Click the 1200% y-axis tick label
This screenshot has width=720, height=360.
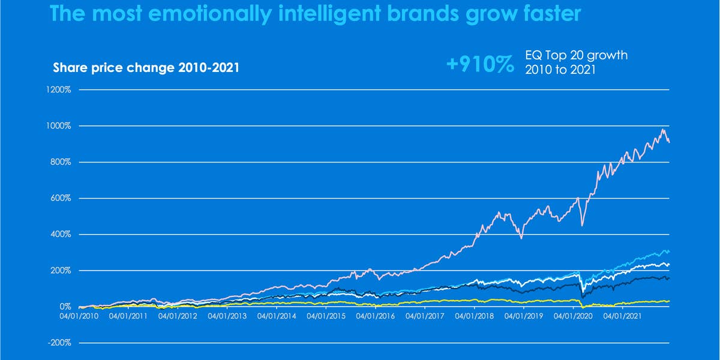59,90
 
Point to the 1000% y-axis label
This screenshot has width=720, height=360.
59,126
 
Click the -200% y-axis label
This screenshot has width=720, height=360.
59,343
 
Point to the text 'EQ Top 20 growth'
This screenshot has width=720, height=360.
576,56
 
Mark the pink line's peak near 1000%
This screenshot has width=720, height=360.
663,130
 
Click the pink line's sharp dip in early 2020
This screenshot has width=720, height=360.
582,226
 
